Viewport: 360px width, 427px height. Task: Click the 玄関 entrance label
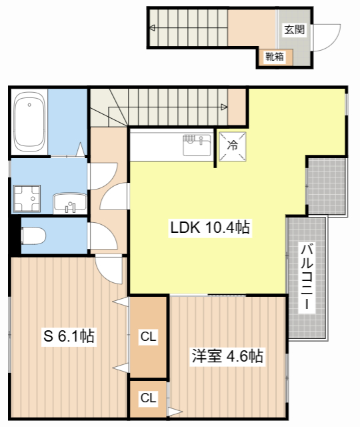295,29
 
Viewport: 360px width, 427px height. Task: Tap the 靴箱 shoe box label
275,57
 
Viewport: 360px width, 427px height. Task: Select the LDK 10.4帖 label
210,228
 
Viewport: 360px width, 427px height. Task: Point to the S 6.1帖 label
69,336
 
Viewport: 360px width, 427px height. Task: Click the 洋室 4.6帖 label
227,356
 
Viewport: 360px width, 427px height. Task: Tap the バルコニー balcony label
307,277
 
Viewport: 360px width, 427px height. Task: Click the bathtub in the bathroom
29,121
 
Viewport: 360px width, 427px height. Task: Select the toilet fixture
33,236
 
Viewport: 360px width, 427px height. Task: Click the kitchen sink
197,145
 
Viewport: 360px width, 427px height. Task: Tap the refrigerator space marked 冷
233,146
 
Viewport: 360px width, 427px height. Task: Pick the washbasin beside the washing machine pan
70,203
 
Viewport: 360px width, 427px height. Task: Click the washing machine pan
27,199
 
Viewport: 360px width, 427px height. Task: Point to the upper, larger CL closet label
148,336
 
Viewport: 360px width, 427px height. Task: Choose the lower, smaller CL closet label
148,398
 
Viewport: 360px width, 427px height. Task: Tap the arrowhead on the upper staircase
153,27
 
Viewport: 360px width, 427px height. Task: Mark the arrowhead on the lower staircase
224,107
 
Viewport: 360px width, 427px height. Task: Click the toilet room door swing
103,236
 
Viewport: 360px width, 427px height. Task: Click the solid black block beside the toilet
16,236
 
